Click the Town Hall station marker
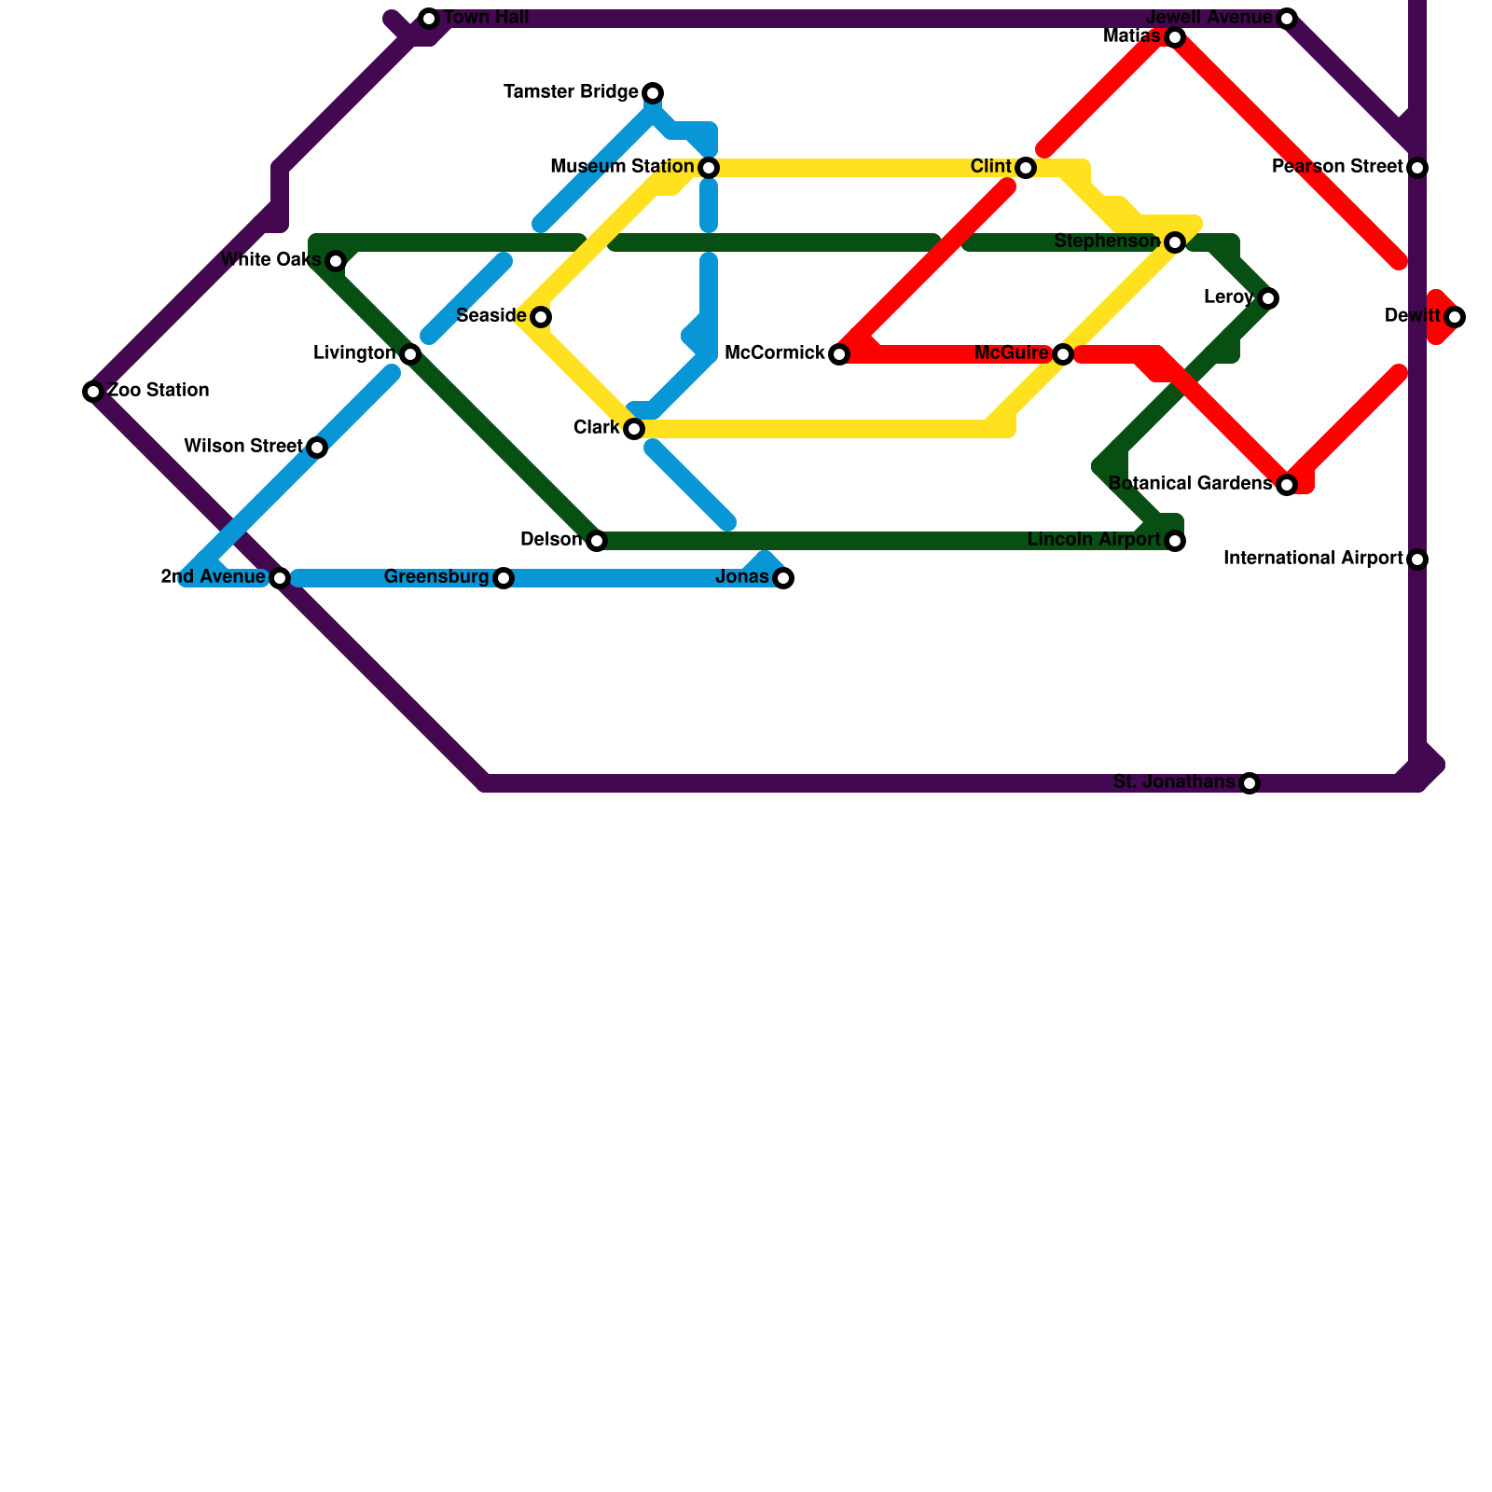(429, 19)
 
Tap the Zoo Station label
(159, 391)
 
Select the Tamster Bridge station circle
(653, 93)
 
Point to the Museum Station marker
(709, 168)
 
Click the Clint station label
(990, 167)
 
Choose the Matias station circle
(1175, 37)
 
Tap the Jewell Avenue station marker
(1287, 19)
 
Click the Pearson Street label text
(1337, 167)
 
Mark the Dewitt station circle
(1455, 317)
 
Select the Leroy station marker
(1267, 298)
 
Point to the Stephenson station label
(1107, 242)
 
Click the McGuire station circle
(1063, 354)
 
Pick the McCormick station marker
(839, 354)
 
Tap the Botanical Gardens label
(1190, 484)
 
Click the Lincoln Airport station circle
(1175, 541)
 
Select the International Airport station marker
(1417, 559)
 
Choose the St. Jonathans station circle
(1250, 783)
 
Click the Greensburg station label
(436, 577)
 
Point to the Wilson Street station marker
(317, 448)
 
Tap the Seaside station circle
(541, 317)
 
